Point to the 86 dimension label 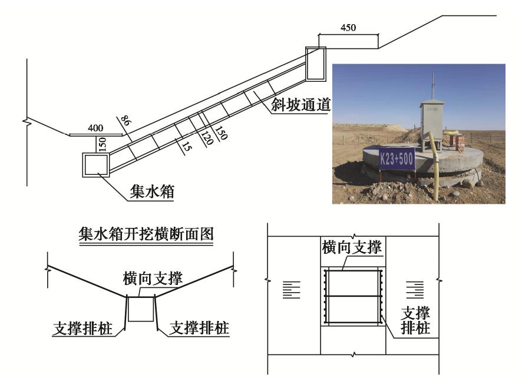[124, 122]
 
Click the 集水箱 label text [150, 192]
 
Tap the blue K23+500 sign [397, 159]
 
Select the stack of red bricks [458, 141]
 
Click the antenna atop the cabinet [433, 85]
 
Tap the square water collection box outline [95, 165]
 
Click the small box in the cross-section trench [140, 309]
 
